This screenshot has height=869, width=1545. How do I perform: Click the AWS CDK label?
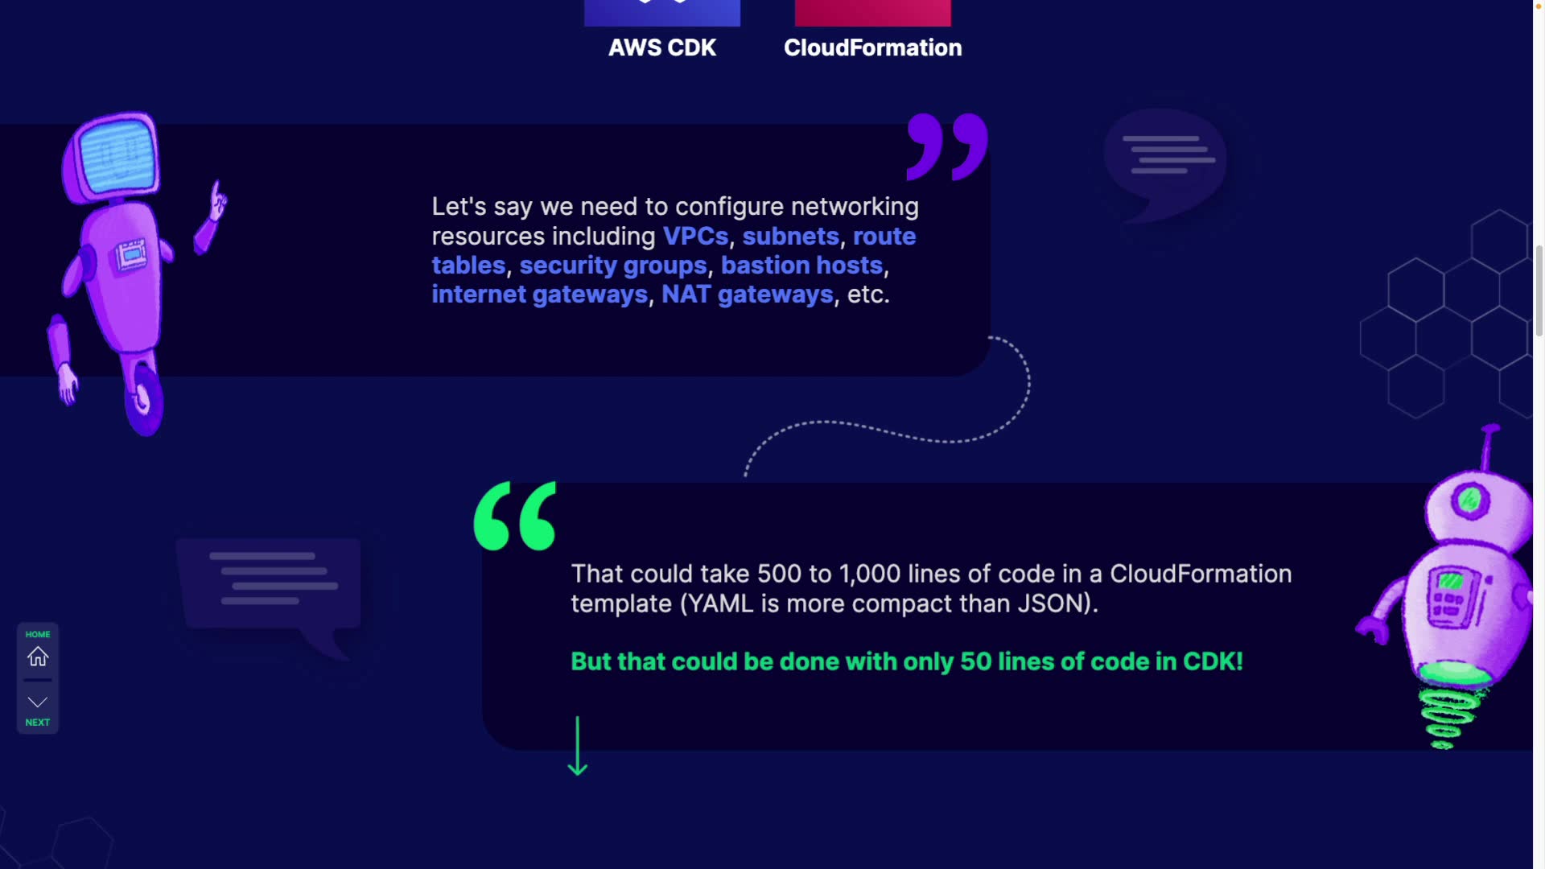(661, 47)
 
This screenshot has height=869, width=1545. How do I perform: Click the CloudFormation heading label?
(872, 47)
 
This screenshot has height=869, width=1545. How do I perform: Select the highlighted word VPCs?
(695, 237)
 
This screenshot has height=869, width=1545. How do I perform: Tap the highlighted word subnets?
(790, 237)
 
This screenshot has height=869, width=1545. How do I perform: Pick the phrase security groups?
(612, 266)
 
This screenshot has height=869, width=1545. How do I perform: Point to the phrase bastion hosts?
(801, 266)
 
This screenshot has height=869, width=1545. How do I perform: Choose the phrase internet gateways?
(539, 294)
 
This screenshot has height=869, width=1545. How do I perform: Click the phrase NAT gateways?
(747, 294)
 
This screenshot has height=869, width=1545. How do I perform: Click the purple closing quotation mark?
(947, 146)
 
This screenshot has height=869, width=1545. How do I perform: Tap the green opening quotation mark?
(515, 516)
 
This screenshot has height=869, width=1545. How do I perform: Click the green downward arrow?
(577, 746)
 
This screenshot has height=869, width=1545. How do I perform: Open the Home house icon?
(38, 657)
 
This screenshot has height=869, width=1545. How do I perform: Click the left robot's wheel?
(145, 398)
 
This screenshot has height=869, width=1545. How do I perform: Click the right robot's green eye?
(1469, 500)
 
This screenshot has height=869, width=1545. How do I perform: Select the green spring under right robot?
(1447, 716)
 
